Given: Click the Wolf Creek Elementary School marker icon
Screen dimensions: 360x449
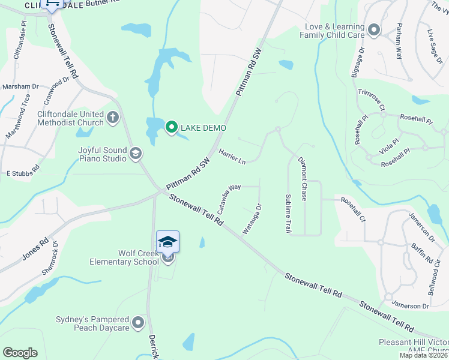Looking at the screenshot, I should click(167, 241).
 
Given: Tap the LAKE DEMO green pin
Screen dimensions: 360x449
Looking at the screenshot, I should click(171, 127).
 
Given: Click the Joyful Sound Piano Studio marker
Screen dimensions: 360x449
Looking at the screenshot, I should click(137, 154).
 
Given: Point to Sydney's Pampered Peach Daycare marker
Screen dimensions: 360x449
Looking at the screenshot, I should click(139, 323).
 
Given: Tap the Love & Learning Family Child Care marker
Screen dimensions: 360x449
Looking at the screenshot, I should click(375, 31).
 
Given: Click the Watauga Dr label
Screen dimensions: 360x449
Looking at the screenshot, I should click(252, 220).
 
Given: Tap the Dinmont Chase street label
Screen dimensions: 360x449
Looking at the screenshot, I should click(303, 179).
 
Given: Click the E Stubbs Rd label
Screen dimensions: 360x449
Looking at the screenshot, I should click(23, 173).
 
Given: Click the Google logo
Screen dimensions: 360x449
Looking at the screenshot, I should click(20, 353).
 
